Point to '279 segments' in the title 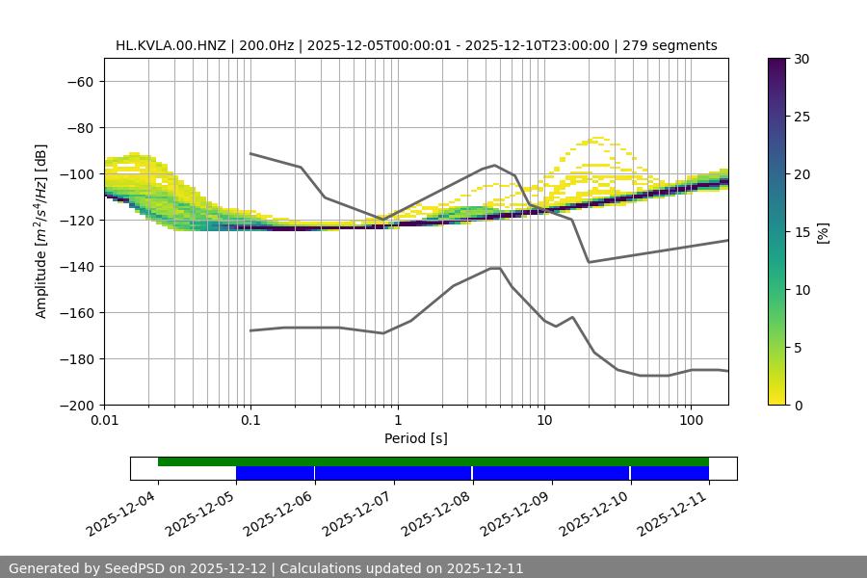(670, 45)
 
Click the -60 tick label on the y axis (79, 81)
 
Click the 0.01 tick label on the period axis (104, 421)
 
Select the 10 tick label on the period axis (544, 421)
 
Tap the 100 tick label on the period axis (691, 421)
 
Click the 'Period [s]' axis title (416, 438)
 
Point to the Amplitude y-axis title (41, 231)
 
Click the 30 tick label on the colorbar (802, 59)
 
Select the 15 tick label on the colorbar (802, 232)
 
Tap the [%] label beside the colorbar (824, 232)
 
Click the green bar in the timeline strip (433, 461)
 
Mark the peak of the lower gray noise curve (495, 268)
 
